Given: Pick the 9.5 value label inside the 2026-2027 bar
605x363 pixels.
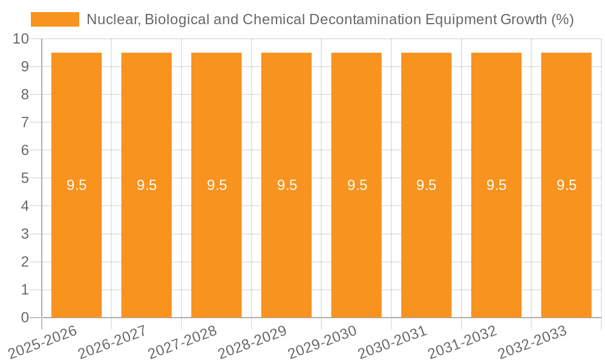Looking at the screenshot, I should click(x=146, y=185).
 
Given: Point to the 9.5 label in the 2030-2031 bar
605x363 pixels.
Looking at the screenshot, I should click(x=426, y=185).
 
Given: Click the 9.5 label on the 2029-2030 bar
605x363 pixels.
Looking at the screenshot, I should click(x=357, y=185).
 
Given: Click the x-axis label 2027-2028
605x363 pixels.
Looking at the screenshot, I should click(x=183, y=342).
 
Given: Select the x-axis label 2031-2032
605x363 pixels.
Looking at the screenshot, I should click(x=463, y=342).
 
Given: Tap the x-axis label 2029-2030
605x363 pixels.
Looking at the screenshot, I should click(x=322, y=342).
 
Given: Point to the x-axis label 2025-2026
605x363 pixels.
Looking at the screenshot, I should click(x=43, y=342).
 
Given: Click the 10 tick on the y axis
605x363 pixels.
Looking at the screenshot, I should click(x=21, y=39).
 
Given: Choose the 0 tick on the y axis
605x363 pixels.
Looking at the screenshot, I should click(x=25, y=318).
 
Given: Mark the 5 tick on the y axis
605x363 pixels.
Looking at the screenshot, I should click(x=25, y=178).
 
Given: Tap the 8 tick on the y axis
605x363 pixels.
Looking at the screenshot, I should click(x=25, y=94).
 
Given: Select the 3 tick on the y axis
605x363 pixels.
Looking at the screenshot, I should click(x=25, y=234).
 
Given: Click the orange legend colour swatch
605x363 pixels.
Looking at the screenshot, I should click(x=54, y=19).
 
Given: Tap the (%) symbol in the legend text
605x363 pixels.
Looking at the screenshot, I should click(x=563, y=19).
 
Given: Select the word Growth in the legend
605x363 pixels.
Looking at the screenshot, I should click(x=523, y=19).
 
